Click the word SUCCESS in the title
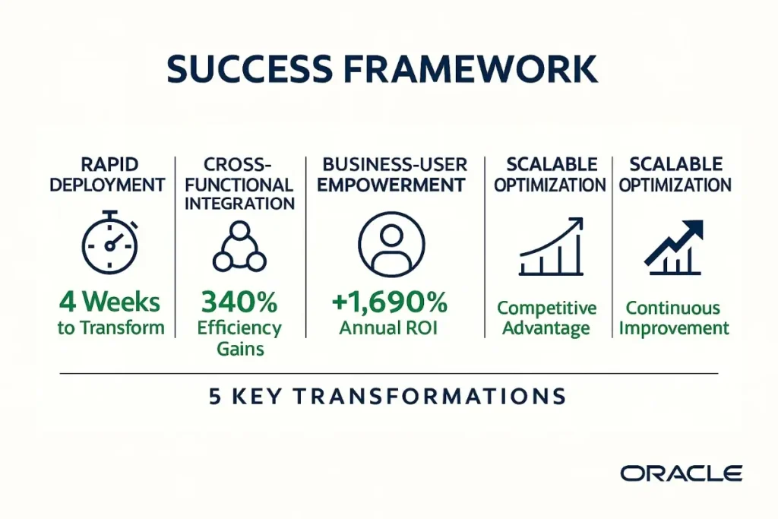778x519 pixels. pos(248,69)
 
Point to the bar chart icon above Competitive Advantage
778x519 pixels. pos(551,246)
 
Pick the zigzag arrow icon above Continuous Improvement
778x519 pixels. pos(674,247)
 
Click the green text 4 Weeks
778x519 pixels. pos(111,302)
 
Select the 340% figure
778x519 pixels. pos(239,302)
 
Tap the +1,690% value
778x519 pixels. pos(390,302)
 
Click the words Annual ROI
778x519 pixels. pos(390,328)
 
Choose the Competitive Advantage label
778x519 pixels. pos(546,318)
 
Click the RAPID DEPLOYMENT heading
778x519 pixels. pos(111,174)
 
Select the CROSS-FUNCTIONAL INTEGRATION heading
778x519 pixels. pos(240,185)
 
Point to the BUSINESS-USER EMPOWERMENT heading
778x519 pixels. pos(391,174)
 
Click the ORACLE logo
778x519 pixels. pos(681,473)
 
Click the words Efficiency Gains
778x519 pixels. pos(239,338)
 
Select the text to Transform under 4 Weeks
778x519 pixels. pos(111,328)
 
